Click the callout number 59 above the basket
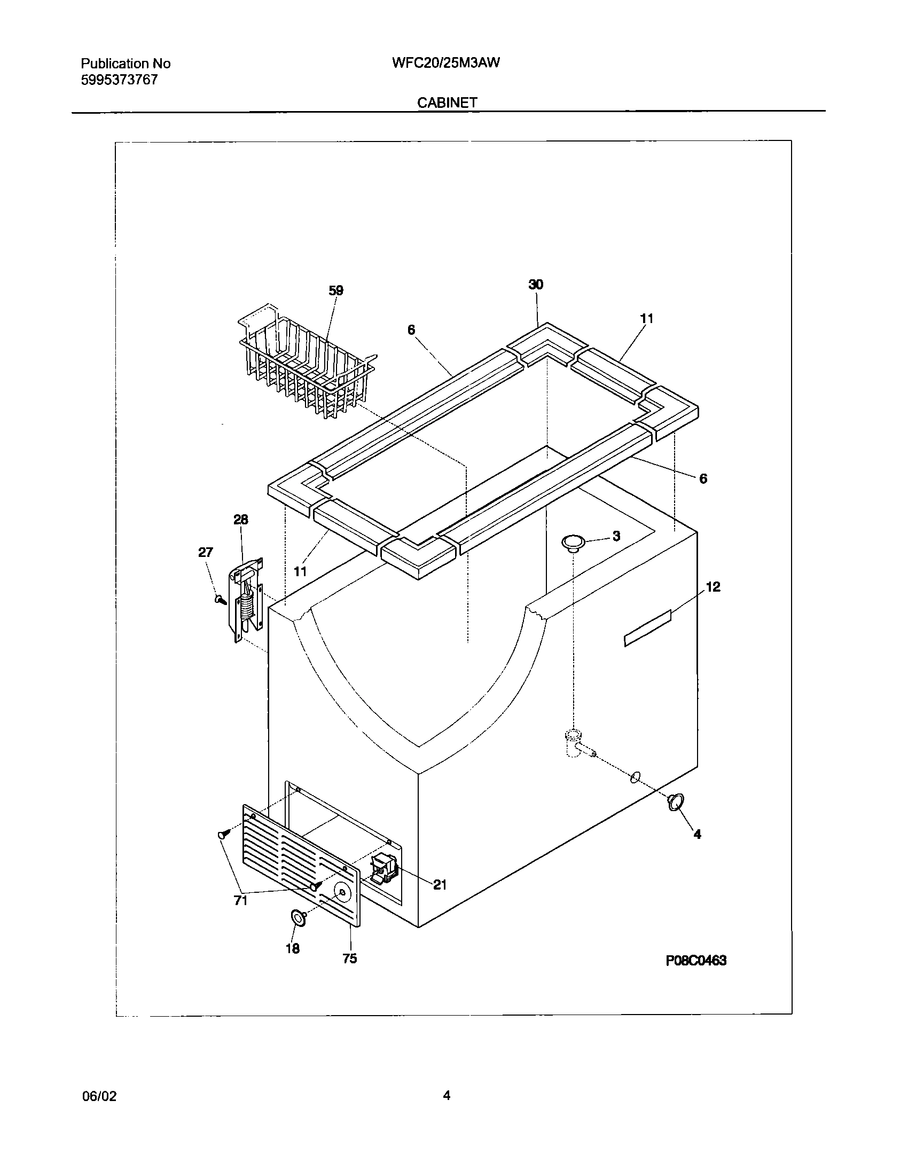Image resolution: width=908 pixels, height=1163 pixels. [335, 291]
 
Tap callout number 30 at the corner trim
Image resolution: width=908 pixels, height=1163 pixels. [536, 285]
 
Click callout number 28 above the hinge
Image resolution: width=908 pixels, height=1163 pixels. [240, 520]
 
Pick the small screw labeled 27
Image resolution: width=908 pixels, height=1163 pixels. [220, 599]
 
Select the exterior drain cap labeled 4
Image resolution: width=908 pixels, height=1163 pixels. [676, 816]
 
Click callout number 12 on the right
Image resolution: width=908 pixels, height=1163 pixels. [713, 587]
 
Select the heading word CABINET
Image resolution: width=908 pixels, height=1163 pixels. [447, 103]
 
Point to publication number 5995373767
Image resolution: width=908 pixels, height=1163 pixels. [119, 80]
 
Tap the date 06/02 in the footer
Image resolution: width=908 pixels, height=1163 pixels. [99, 1096]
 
